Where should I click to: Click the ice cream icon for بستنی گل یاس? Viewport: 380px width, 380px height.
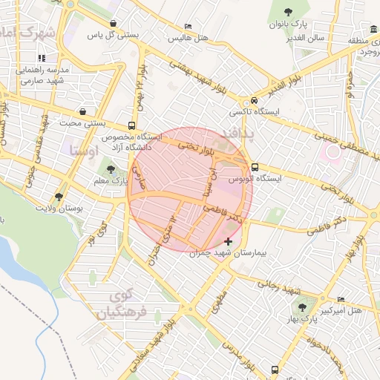[x=112, y=24]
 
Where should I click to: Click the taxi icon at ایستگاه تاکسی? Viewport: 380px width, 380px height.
[x=255, y=100]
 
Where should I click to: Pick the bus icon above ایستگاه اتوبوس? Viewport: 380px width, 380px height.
[x=255, y=167]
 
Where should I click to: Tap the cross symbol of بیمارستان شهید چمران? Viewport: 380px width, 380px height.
[x=227, y=242]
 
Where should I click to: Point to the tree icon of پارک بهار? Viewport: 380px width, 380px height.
[x=301, y=307]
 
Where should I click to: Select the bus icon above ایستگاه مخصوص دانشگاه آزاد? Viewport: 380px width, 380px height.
[x=131, y=125]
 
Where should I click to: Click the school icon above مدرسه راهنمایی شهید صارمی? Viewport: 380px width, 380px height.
[x=42, y=58]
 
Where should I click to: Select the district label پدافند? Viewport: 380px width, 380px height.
[x=238, y=134]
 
